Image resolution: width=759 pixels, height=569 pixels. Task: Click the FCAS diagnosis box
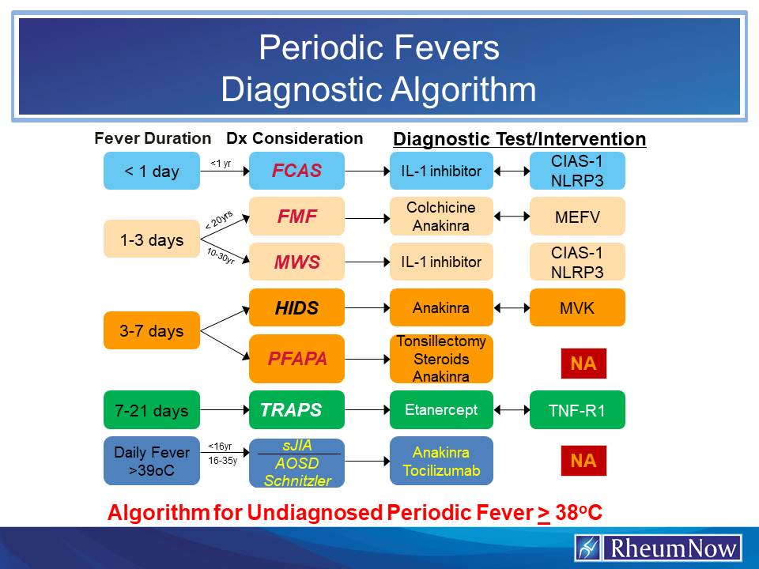click(296, 171)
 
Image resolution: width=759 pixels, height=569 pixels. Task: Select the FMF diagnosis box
click(296, 216)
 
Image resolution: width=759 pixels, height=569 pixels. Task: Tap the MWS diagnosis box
click(296, 262)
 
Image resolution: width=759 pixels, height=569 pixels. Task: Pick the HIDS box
click(296, 307)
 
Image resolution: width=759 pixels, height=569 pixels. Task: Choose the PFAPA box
click(296, 359)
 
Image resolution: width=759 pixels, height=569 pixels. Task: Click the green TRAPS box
click(296, 409)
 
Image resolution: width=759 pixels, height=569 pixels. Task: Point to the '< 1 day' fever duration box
click(151, 171)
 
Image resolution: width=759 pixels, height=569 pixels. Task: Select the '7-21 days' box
click(151, 410)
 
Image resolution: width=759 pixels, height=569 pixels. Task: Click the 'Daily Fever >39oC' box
click(151, 461)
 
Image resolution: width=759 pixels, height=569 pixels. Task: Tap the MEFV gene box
click(577, 216)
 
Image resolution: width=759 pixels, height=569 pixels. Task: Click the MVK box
click(577, 307)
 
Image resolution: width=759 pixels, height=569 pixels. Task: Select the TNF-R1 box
click(577, 409)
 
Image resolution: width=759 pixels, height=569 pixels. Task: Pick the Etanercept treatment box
click(440, 409)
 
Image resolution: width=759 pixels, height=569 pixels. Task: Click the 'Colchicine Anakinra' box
click(440, 216)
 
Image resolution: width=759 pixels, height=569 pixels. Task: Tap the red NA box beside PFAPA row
click(583, 364)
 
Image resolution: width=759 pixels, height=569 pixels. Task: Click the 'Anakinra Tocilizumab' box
click(440, 462)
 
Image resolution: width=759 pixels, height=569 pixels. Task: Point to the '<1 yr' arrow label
click(221, 164)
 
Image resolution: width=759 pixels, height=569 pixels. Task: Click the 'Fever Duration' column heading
click(153, 138)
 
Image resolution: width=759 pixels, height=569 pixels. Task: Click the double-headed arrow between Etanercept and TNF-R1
click(511, 409)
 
